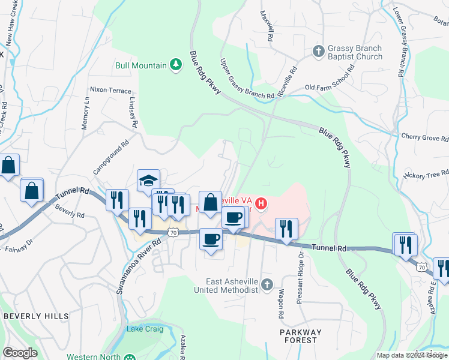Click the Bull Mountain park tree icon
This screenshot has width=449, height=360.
point(175,65)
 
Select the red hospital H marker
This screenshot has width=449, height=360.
point(261,205)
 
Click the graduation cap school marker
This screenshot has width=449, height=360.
point(148,180)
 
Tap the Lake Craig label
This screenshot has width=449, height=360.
point(145,329)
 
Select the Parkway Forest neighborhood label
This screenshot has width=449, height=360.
point(300,336)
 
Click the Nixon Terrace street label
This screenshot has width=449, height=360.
point(110,90)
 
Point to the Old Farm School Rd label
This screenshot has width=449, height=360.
point(330,88)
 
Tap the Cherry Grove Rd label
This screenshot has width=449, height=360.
point(424,137)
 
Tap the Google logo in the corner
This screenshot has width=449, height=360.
point(20,353)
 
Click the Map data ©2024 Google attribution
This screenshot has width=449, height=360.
point(412,355)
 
